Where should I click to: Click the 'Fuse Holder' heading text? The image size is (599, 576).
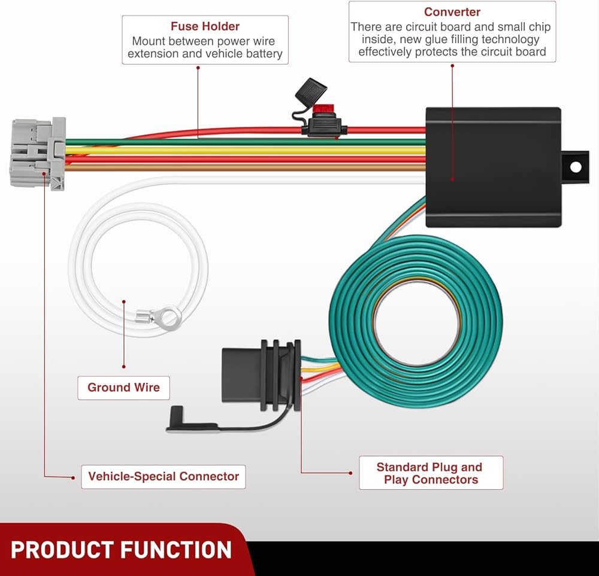tap(205, 26)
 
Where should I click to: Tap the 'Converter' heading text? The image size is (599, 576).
tap(452, 12)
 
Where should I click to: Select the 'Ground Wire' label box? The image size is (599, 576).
tap(123, 388)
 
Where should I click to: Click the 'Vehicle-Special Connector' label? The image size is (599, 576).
tap(164, 477)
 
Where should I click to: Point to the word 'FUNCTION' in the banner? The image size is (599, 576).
tap(176, 550)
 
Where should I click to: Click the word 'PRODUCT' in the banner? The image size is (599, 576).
tap(62, 550)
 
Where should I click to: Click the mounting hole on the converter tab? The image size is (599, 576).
tap(575, 167)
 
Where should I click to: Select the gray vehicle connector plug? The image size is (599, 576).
tap(36, 153)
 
